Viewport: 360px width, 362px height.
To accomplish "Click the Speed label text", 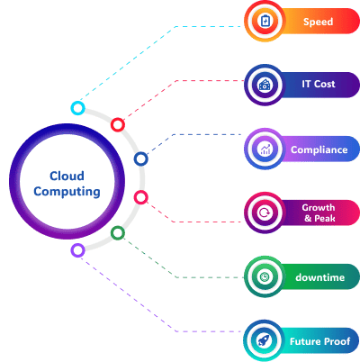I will click(x=318, y=22).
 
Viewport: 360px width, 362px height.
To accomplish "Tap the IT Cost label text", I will click(x=318, y=85).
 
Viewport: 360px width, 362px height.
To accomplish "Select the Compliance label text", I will click(x=319, y=149).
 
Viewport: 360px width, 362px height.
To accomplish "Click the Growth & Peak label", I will click(x=318, y=213).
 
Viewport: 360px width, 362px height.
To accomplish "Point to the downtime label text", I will click(x=319, y=277).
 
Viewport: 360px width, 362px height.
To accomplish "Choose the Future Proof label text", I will click(x=319, y=341).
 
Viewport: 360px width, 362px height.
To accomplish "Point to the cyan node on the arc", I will click(x=78, y=108).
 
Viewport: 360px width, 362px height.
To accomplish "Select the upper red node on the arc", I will click(x=117, y=125).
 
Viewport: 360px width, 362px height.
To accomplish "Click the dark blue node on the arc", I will click(x=140, y=159).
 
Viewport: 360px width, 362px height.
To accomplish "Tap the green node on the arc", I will click(x=117, y=233).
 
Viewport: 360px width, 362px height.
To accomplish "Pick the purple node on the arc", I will click(x=78, y=249).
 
